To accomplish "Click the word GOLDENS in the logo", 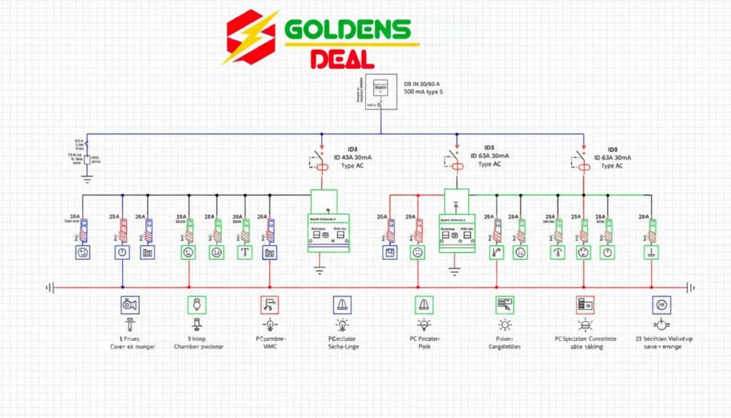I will click(x=348, y=30).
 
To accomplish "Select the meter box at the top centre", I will click(x=380, y=91).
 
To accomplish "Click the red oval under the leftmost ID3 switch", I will click(x=322, y=167).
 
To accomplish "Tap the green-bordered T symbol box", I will click(x=244, y=252).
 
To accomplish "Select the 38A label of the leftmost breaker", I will click(x=74, y=216).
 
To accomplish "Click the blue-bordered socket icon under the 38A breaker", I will click(x=84, y=252).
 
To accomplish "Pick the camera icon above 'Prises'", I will click(x=130, y=305).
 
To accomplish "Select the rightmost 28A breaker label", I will click(x=644, y=216).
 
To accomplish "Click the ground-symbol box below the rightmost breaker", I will click(x=650, y=252).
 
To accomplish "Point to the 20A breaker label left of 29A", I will click(x=381, y=216).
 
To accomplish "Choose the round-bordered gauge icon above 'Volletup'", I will click(x=660, y=305).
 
